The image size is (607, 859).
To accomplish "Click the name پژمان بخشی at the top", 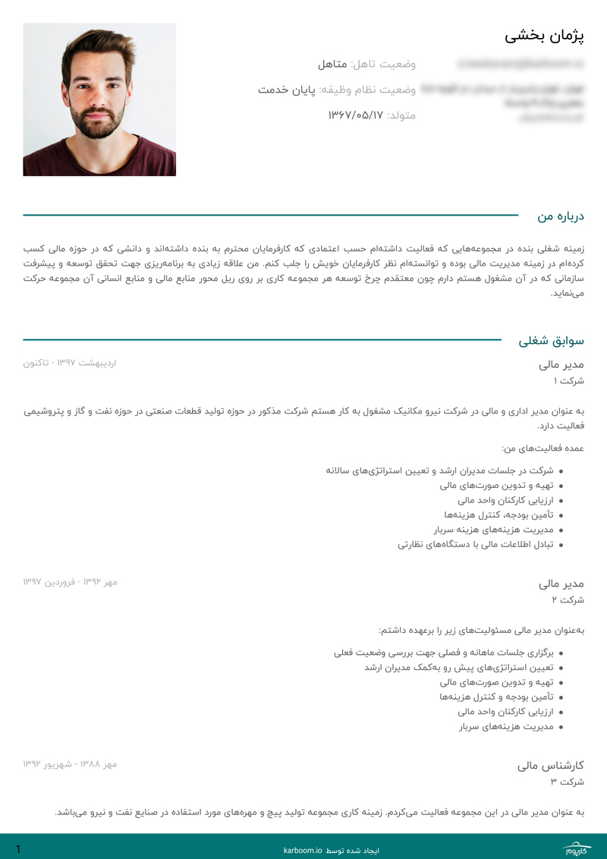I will [544, 36].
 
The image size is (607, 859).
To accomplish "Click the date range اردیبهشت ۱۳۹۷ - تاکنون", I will [70, 363].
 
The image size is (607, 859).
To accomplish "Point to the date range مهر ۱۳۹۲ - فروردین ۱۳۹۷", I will [70, 582].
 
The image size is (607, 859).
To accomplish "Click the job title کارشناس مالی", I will [550, 765].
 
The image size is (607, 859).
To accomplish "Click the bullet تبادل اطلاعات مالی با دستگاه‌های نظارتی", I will [476, 544].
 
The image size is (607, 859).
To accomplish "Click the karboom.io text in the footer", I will [303, 851].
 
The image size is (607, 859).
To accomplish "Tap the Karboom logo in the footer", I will [580, 849].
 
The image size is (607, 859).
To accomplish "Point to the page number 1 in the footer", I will [18, 849].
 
